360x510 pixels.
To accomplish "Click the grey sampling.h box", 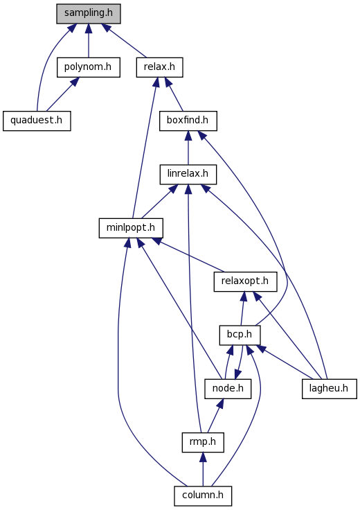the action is pyautogui.click(x=89, y=14).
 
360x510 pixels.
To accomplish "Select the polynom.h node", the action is pyautogui.click(x=89, y=67).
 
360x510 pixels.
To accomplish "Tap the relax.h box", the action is pyautogui.click(x=159, y=67).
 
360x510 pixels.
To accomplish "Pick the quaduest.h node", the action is pyautogui.click(x=37, y=121).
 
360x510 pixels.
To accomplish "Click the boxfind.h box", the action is pyautogui.click(x=188, y=121).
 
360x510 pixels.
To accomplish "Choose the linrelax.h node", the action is pyautogui.click(x=188, y=175).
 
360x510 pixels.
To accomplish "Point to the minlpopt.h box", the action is pyautogui.click(x=131, y=228).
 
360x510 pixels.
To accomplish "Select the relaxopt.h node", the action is pyautogui.click(x=245, y=281).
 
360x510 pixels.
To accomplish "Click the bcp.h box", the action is pyautogui.click(x=240, y=335).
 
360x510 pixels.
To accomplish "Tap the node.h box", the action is pyautogui.click(x=228, y=389).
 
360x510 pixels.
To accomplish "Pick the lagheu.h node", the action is pyautogui.click(x=329, y=389).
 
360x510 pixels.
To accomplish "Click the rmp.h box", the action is pyautogui.click(x=203, y=442).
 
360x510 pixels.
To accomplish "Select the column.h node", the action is pyautogui.click(x=203, y=496).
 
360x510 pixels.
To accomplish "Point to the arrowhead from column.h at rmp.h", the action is pyautogui.click(x=203, y=457).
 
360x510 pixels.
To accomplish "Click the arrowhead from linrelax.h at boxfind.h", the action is pyautogui.click(x=188, y=136).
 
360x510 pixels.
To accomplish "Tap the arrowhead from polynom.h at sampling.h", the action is pyautogui.click(x=89, y=28).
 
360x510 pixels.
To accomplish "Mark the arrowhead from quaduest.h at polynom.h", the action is pyautogui.click(x=74, y=82).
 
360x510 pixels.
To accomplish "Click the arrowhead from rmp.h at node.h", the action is pyautogui.click(x=220, y=403).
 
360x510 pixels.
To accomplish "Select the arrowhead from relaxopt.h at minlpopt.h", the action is pyautogui.click(x=156, y=241).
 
